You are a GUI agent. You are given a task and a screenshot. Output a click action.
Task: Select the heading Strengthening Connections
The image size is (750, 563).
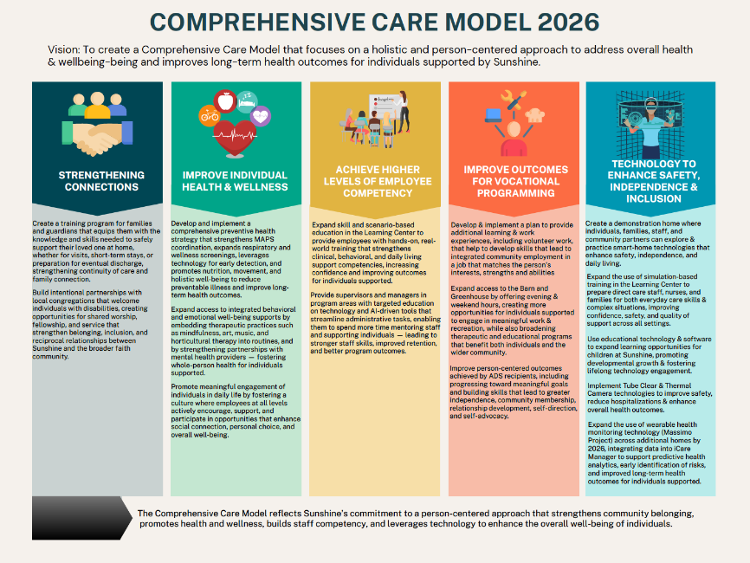98,180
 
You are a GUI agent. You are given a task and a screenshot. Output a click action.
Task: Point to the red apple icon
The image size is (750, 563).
226,101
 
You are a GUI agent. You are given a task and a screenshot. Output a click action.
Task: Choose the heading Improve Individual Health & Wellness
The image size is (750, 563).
236,180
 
